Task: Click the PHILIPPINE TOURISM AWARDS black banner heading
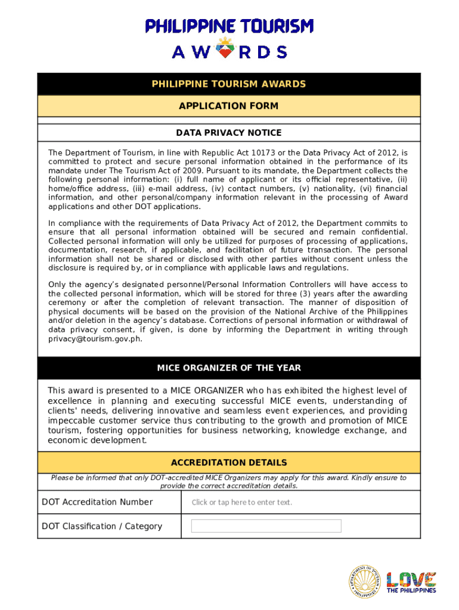pyautogui.click(x=229, y=84)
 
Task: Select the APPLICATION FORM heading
pyautogui.click(x=229, y=106)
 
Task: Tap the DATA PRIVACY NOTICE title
pyautogui.click(x=229, y=132)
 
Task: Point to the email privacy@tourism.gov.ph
pyautogui.click(x=95, y=338)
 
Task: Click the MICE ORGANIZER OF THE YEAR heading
pyautogui.click(x=229, y=368)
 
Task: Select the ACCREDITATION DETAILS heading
pyautogui.click(x=229, y=462)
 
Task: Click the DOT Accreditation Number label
pyautogui.click(x=97, y=502)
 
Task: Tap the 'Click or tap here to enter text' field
pyautogui.click(x=242, y=502)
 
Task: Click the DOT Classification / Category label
pyautogui.click(x=102, y=526)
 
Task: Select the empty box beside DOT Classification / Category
pyautogui.click(x=266, y=526)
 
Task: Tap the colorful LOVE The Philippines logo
pyautogui.click(x=411, y=581)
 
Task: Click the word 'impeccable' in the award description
pyautogui.click(x=70, y=421)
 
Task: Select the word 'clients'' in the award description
pyautogui.click(x=63, y=411)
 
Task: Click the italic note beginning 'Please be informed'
pyautogui.click(x=229, y=481)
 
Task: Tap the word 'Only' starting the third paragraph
pyautogui.click(x=57, y=285)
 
